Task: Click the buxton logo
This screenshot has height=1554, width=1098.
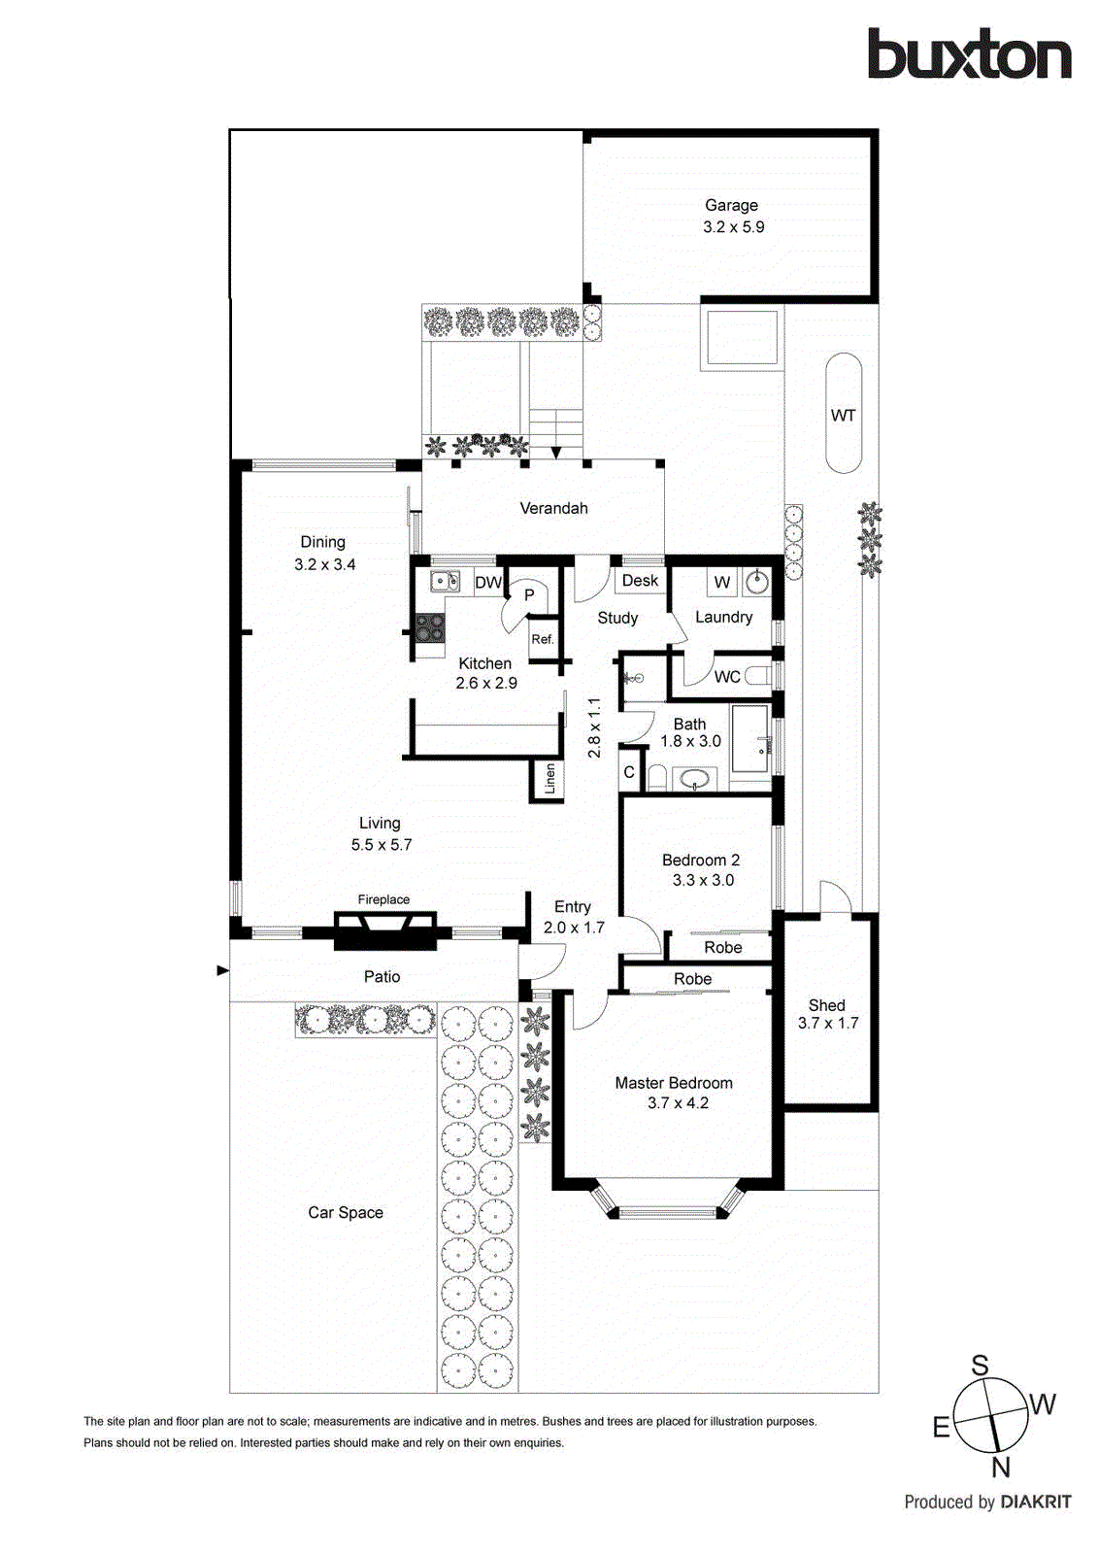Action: point(969,54)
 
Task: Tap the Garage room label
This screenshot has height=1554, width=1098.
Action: point(731,205)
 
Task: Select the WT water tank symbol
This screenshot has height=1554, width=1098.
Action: point(843,415)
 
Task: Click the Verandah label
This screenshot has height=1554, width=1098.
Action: point(553,508)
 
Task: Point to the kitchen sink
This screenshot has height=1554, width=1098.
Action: point(445,582)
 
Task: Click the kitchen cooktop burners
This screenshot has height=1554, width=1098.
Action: point(429,628)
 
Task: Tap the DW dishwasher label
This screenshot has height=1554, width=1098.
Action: point(487,583)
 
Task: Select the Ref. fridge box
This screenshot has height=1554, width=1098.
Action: point(543,639)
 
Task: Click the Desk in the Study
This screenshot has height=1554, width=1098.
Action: point(640,581)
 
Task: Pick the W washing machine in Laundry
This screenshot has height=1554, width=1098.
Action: point(721,583)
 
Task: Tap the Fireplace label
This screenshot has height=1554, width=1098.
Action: point(383,899)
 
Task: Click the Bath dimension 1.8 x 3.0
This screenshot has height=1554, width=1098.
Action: point(690,741)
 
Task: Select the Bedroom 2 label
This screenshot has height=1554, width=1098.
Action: point(701,860)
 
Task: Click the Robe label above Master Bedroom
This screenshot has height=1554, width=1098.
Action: point(692,979)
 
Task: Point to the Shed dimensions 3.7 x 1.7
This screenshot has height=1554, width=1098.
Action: point(828,1023)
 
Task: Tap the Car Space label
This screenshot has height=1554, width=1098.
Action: point(346,1212)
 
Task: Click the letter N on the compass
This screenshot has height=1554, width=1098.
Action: point(1001,1467)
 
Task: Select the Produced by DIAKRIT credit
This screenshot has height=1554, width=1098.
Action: point(987,1502)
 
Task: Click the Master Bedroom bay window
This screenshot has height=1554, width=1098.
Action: point(670,1210)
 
